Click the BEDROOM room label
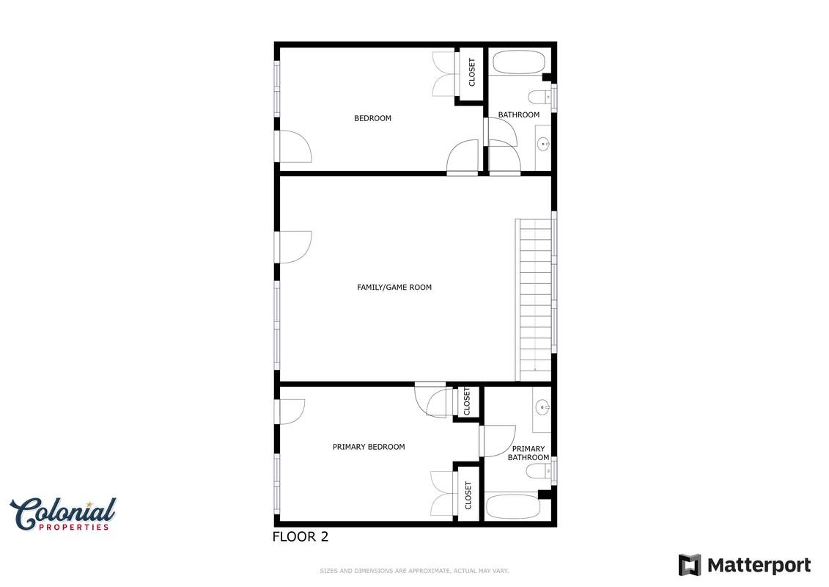point(373,118)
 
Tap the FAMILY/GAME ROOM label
point(394,288)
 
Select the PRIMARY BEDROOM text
point(369,447)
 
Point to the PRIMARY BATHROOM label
point(528,453)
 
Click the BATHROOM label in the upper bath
point(519,114)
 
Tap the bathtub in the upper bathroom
point(519,62)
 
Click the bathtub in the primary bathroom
point(513,507)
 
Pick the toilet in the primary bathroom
point(539,471)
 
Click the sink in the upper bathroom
point(543,143)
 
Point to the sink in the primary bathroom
point(542,407)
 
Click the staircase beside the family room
point(534,300)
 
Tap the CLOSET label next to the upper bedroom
point(471,72)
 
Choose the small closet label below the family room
point(467,402)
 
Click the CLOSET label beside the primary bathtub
point(468,495)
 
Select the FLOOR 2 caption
point(301,536)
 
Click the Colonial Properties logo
point(63,514)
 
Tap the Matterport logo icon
point(690,565)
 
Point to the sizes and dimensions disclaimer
point(414,571)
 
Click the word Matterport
point(759,565)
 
